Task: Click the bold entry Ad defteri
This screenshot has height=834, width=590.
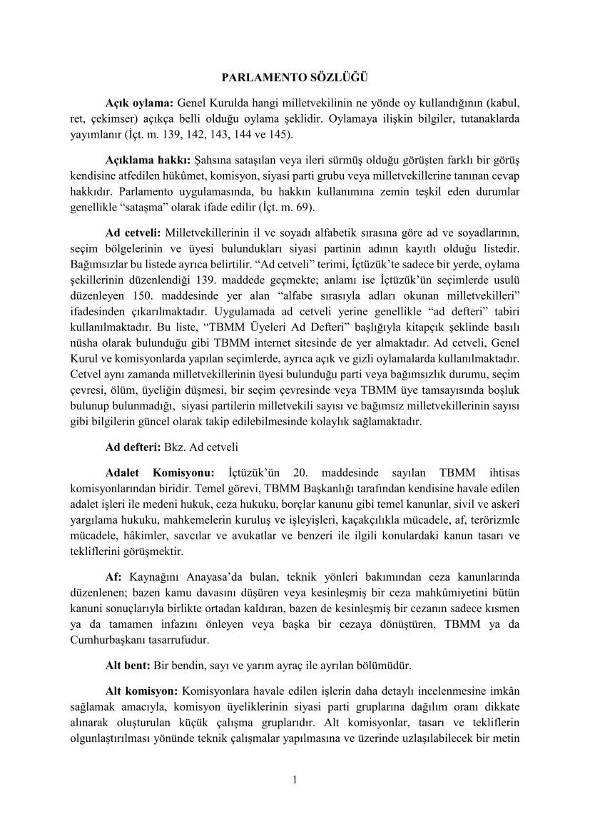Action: coord(133,447)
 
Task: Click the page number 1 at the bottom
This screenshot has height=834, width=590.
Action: coord(295,778)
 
